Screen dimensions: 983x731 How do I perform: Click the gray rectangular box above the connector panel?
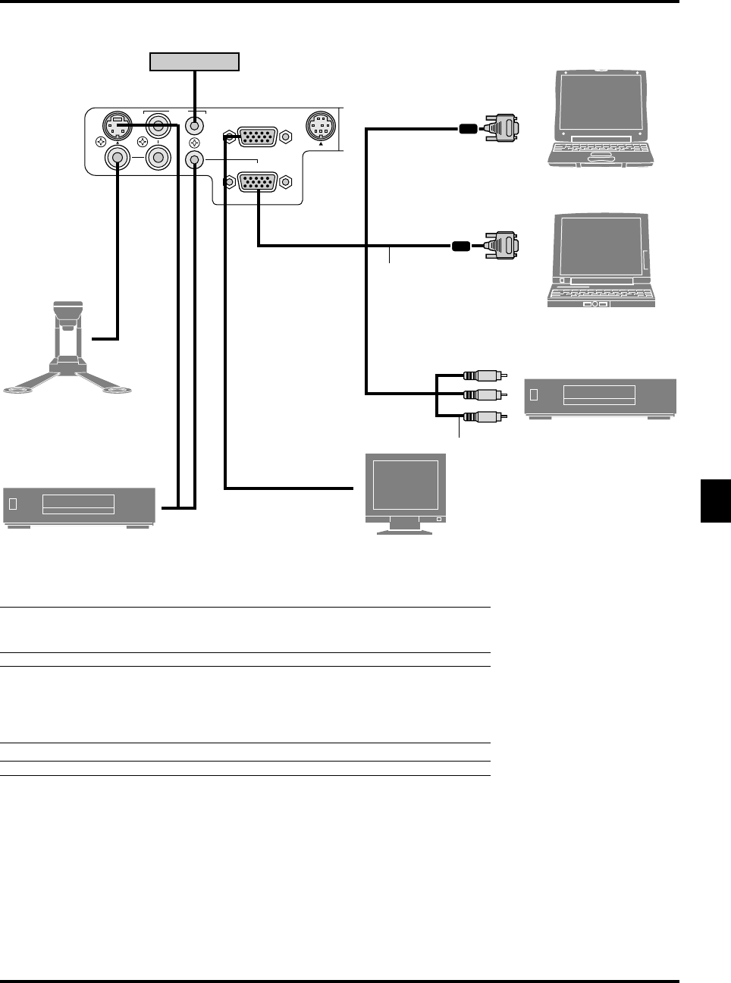tap(194, 61)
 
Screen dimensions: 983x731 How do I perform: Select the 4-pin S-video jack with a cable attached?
tap(117, 126)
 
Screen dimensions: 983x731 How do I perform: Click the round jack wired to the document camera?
tap(117, 158)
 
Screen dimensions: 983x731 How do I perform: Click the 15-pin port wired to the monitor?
tap(257, 137)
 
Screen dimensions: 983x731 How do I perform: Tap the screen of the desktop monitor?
tap(406, 485)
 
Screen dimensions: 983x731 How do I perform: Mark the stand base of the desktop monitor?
tap(405, 530)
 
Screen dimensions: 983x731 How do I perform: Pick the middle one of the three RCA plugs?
tap(482, 394)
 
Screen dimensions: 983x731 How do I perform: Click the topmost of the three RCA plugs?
tap(482, 375)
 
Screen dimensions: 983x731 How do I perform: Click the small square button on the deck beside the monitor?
tap(12, 504)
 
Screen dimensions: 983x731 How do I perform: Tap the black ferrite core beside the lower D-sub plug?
tap(461, 246)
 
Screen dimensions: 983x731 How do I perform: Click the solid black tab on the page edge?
tap(715, 501)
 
